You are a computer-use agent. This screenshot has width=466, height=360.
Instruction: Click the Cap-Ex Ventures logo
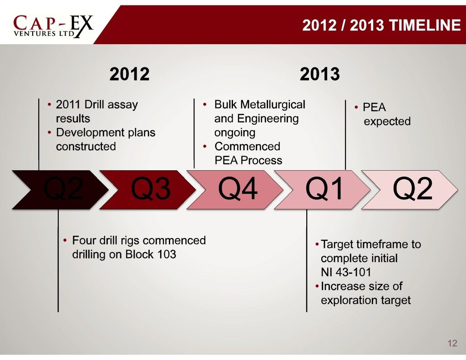tap(53, 26)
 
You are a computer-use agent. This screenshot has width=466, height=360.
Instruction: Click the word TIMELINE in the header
tap(425, 25)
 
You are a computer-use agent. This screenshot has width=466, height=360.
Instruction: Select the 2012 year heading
tap(129, 74)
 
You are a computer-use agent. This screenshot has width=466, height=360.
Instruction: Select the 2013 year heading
tap(320, 74)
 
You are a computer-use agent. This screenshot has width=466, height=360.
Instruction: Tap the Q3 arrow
tap(147, 190)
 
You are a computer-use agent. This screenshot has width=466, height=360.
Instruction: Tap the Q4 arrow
tap(235, 190)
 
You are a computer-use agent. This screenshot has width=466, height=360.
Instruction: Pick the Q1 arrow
tap(322, 190)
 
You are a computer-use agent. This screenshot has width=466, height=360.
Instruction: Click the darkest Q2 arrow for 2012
tap(60, 190)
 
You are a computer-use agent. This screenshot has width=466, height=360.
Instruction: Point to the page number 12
tap(452, 344)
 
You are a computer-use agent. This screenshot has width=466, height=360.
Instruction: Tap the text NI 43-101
tap(346, 272)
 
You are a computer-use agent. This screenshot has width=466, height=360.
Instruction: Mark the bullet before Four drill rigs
tap(65, 240)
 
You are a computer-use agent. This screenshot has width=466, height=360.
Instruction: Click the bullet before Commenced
tap(205, 146)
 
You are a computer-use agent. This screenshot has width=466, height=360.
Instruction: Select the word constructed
tap(86, 147)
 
